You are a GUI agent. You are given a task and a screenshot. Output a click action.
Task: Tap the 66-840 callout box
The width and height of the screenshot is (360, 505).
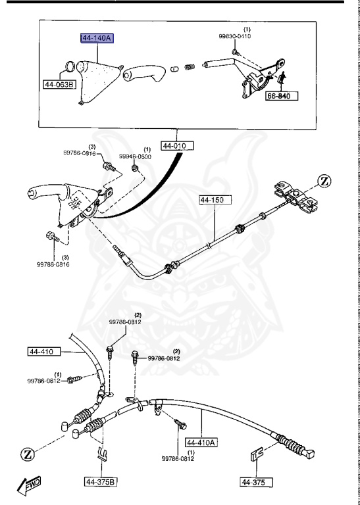[x=282, y=96]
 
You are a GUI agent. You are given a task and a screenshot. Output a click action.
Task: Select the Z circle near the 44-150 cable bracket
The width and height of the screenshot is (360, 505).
[x=326, y=180]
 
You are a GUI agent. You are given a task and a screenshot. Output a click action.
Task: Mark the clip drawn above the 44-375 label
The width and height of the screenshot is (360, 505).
[x=257, y=454]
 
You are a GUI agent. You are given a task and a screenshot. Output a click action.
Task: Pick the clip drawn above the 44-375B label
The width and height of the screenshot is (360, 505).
[x=101, y=453]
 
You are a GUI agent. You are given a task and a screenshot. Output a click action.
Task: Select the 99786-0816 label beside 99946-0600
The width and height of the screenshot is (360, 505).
[x=80, y=153]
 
